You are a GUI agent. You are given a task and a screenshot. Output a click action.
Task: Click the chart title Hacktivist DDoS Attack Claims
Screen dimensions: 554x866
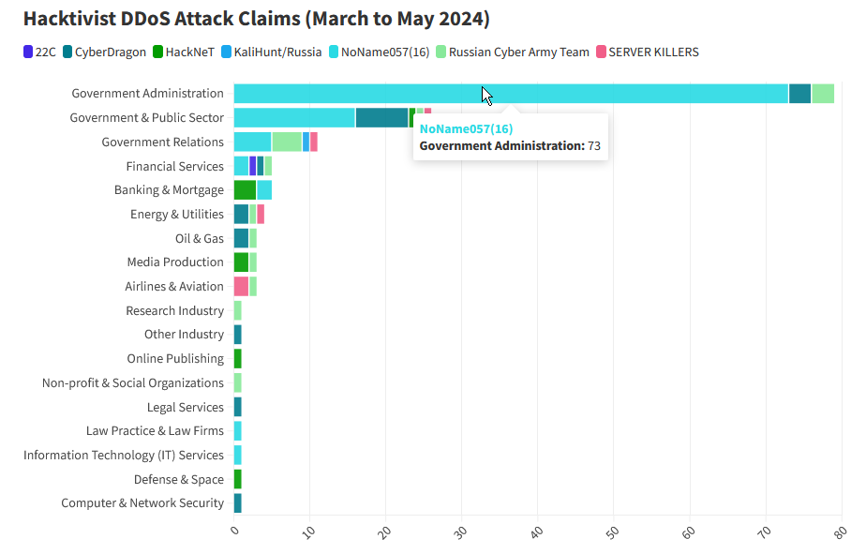tap(256, 19)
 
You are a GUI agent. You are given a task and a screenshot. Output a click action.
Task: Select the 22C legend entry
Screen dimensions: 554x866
tap(40, 52)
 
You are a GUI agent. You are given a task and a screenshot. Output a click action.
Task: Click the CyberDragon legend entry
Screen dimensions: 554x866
tap(105, 52)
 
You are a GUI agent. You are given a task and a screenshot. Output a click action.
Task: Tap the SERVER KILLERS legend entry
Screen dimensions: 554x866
tap(647, 52)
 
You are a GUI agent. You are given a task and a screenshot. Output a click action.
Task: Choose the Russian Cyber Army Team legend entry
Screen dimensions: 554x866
tap(512, 52)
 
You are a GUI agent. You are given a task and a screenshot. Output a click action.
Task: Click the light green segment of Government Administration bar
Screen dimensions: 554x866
tap(823, 93)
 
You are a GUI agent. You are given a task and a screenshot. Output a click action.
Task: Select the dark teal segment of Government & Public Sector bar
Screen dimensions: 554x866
tap(381, 117)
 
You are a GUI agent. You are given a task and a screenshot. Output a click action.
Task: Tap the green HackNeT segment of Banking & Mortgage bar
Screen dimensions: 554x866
tap(245, 189)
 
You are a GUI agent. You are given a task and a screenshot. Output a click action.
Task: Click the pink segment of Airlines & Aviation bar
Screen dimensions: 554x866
tap(241, 286)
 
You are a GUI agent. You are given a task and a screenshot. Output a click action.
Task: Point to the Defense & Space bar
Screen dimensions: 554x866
tap(237, 479)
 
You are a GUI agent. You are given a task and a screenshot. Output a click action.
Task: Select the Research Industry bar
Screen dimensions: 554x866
tap(237, 310)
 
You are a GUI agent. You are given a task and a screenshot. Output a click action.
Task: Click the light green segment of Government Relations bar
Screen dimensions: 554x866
tap(287, 142)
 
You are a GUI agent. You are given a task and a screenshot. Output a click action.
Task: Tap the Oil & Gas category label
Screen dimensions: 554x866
tap(200, 238)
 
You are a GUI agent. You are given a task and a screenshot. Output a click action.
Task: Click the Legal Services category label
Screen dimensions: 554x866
tap(186, 407)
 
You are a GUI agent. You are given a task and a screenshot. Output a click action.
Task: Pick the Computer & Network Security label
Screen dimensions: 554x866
tap(142, 502)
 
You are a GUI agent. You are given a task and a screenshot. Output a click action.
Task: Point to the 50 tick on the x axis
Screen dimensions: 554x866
tap(611, 532)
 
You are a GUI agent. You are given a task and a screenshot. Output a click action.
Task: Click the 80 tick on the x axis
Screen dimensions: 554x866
tap(839, 532)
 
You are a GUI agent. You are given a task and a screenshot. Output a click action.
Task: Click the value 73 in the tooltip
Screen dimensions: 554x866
tap(594, 146)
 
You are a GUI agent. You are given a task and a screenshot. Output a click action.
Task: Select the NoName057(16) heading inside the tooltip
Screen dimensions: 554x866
tap(466, 128)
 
